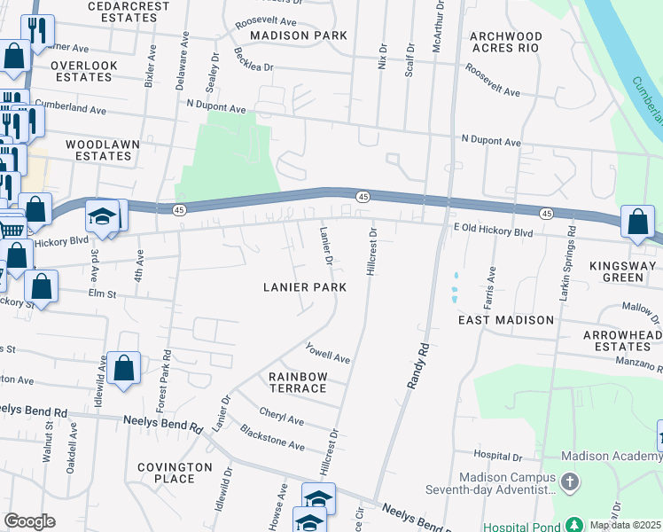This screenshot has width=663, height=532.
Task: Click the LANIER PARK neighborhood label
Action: pos(304,287)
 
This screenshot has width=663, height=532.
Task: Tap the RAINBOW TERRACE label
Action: pos(298,383)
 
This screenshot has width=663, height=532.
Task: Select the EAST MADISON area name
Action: pos(506,319)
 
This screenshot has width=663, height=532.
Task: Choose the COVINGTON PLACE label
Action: pos(175,473)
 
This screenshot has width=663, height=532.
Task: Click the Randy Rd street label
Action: pos(416,364)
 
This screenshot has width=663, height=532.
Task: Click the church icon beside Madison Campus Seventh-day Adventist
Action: pos(569,484)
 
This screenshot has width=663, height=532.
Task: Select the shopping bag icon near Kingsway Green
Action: pos(637,224)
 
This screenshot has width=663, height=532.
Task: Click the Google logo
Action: pos(29,521)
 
